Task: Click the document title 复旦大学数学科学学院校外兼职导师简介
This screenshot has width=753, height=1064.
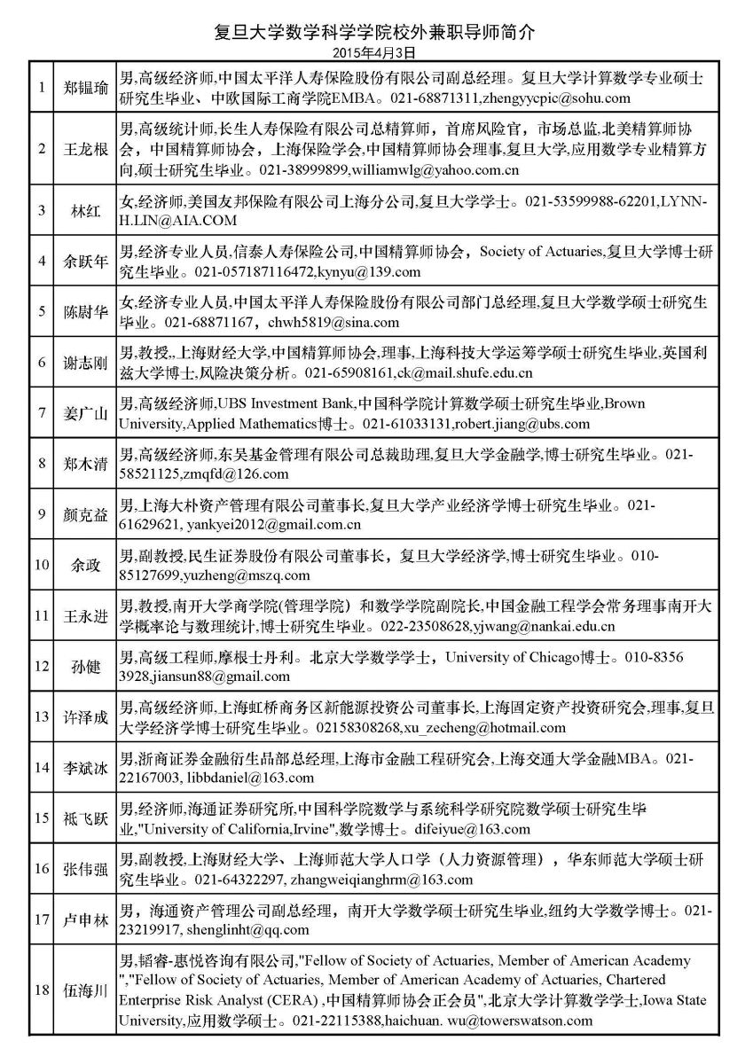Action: [376, 33]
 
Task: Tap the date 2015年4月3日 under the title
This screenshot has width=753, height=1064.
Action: [376, 52]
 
